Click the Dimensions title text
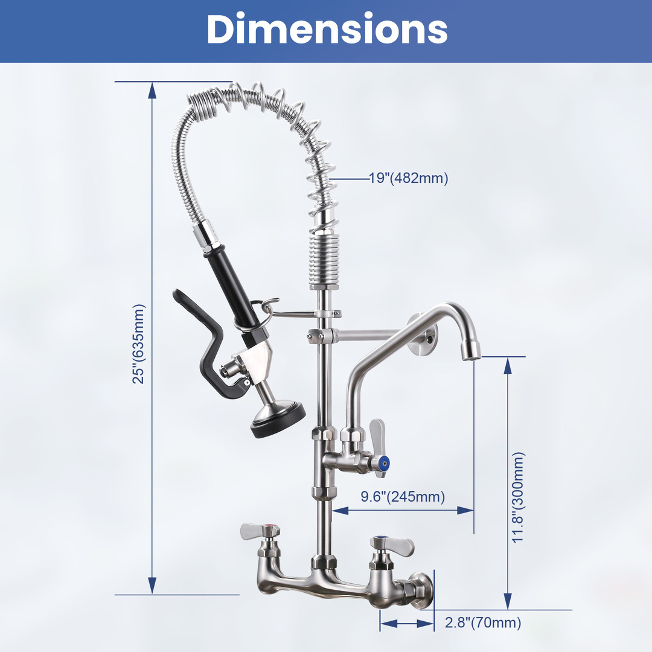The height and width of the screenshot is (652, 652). point(327,29)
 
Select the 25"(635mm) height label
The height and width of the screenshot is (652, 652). point(139,344)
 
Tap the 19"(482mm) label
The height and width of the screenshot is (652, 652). point(409,178)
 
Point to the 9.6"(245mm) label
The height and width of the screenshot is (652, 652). point(403,496)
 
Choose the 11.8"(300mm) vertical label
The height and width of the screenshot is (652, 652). point(518,497)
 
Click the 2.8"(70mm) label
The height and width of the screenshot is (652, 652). point(483,622)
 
